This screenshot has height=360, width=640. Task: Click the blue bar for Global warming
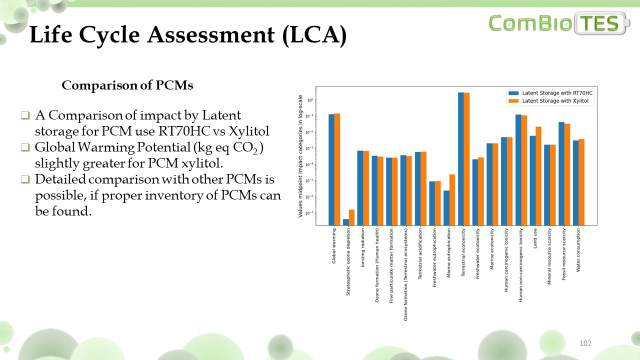tap(331, 169)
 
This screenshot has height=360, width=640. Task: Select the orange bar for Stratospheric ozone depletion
tap(351, 217)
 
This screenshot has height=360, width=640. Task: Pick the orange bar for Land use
tap(538, 175)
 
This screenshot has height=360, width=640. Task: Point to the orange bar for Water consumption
tap(581, 182)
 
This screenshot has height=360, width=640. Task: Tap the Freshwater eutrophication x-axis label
tap(434, 257)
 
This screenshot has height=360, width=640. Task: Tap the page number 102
tap(585, 343)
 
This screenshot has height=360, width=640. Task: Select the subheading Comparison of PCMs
tap(127, 85)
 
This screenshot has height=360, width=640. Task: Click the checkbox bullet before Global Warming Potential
tap(25, 147)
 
